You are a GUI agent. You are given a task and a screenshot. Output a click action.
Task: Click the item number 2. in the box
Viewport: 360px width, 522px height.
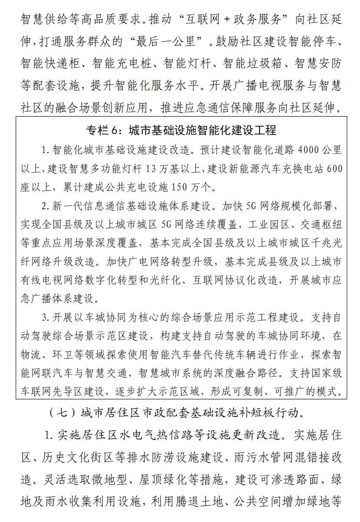click(x=45, y=206)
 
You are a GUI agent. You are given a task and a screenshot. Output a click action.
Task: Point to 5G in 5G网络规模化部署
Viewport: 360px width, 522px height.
click(x=243, y=206)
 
